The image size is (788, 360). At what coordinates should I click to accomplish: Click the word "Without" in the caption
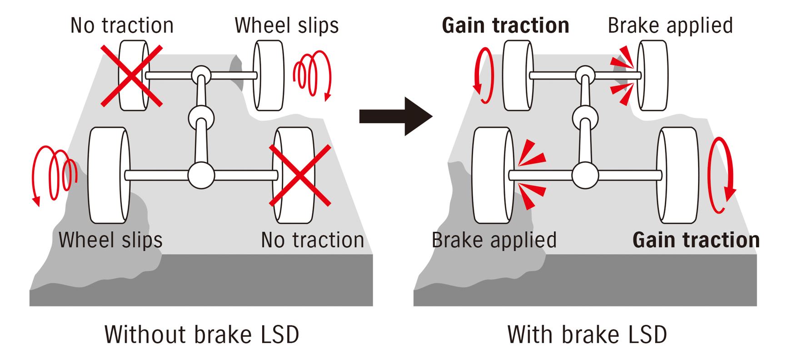point(145,335)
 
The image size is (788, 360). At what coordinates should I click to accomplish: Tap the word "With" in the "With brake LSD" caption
point(530,335)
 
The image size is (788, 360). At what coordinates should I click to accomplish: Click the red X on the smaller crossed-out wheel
point(132,76)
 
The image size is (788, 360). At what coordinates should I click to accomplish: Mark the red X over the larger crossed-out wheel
point(300,175)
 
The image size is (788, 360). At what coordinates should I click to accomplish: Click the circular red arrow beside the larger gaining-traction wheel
point(722,175)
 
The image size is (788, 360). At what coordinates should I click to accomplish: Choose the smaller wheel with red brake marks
point(653,75)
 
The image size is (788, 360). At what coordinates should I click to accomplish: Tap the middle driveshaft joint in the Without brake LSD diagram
point(201,118)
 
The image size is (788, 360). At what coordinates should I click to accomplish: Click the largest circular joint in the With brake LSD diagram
point(585,175)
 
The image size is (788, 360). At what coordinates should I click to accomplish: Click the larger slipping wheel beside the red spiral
point(108,175)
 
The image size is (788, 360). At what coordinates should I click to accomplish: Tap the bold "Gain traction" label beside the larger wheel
point(695,240)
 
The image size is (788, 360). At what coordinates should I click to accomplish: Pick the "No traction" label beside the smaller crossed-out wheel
point(122,25)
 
